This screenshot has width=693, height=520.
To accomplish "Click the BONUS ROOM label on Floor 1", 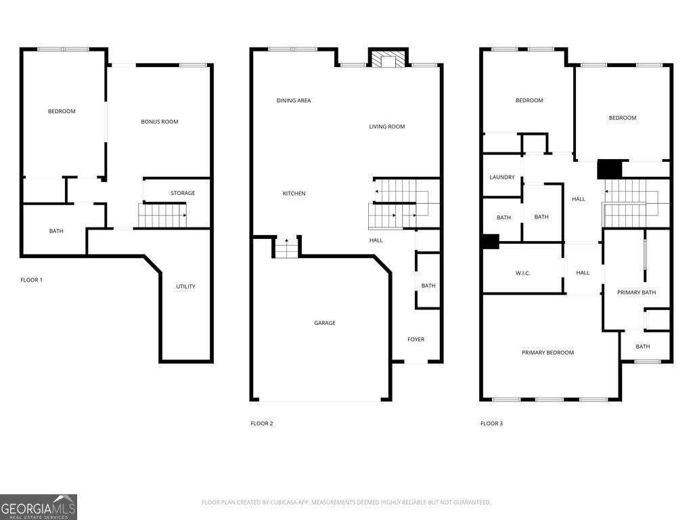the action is [x=160, y=122].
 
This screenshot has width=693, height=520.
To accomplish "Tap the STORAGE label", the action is [x=183, y=193].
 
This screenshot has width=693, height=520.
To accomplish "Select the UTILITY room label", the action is [x=185, y=286].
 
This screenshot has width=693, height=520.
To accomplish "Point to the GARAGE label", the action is [x=325, y=323].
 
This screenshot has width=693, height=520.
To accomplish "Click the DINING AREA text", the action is [x=294, y=100].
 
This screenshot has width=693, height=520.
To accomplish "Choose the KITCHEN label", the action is [x=294, y=193].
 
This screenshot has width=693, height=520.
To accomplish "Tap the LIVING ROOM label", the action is [x=386, y=127].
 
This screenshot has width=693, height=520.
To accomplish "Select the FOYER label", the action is [x=416, y=339].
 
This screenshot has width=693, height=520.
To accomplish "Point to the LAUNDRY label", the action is [x=502, y=177].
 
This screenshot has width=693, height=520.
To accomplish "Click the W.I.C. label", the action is [x=523, y=274].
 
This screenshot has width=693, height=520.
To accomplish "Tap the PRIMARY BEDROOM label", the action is [x=547, y=352].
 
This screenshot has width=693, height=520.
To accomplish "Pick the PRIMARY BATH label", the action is [x=636, y=292].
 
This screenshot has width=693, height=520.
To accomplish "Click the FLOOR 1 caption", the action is [x=31, y=280].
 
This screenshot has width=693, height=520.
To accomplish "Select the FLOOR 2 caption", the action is [x=262, y=423].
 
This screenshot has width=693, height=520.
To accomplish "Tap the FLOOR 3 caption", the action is [x=491, y=423].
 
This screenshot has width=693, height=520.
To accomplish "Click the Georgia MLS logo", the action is [x=39, y=506].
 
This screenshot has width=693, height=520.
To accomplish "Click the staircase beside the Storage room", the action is [x=162, y=215].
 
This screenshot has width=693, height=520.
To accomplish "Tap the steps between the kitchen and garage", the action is [x=286, y=248].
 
